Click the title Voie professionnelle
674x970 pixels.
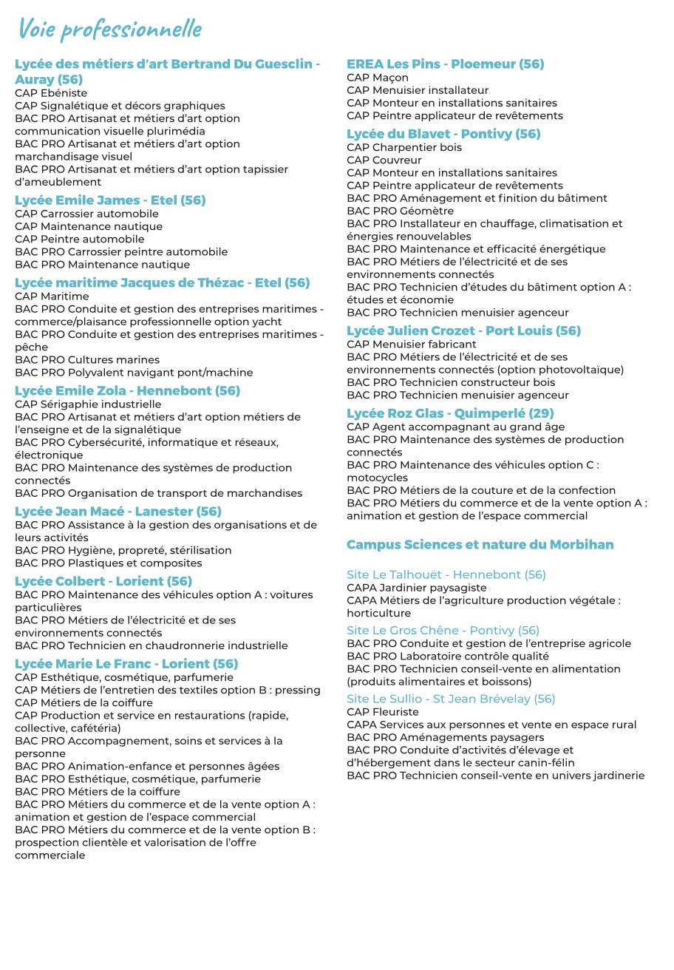click(x=110, y=29)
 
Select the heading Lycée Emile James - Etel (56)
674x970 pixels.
click(x=110, y=200)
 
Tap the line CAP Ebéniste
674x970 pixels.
click(x=51, y=93)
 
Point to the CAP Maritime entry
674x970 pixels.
click(x=52, y=296)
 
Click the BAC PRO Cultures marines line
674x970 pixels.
click(x=87, y=360)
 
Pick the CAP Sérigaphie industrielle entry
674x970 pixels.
click(x=88, y=404)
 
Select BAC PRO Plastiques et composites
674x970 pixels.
click(x=108, y=563)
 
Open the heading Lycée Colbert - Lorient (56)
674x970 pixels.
click(x=103, y=581)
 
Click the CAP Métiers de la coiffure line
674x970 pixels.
click(x=84, y=702)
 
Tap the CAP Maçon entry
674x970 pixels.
click(x=377, y=78)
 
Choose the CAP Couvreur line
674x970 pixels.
click(x=384, y=160)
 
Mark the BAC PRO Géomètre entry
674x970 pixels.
click(x=400, y=211)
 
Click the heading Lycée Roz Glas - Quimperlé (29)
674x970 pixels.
click(x=450, y=413)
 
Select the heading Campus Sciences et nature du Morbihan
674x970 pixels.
click(x=480, y=545)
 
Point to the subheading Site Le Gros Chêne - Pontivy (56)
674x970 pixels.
click(x=443, y=631)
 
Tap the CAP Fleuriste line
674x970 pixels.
click(x=382, y=712)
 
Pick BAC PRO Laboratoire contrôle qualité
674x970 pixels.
click(x=447, y=656)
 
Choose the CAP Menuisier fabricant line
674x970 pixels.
click(x=412, y=345)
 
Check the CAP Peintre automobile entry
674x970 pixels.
click(x=80, y=239)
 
